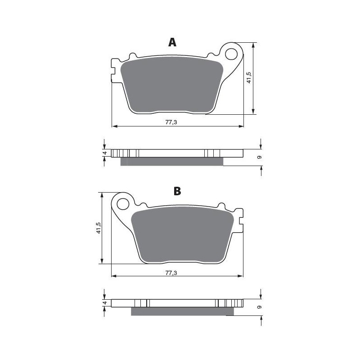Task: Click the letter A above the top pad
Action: pos(172,42)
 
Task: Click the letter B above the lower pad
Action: pos(177,191)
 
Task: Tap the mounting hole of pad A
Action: pos(231,54)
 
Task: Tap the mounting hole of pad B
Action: pos(123,204)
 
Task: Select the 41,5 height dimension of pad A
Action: pos(249,77)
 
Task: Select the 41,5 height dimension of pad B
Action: pos(99,228)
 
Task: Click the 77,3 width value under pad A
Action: pos(171,122)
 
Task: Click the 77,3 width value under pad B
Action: pos(171,273)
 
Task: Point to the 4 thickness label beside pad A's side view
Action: pos(104,153)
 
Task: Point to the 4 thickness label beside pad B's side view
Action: pos(104,303)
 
